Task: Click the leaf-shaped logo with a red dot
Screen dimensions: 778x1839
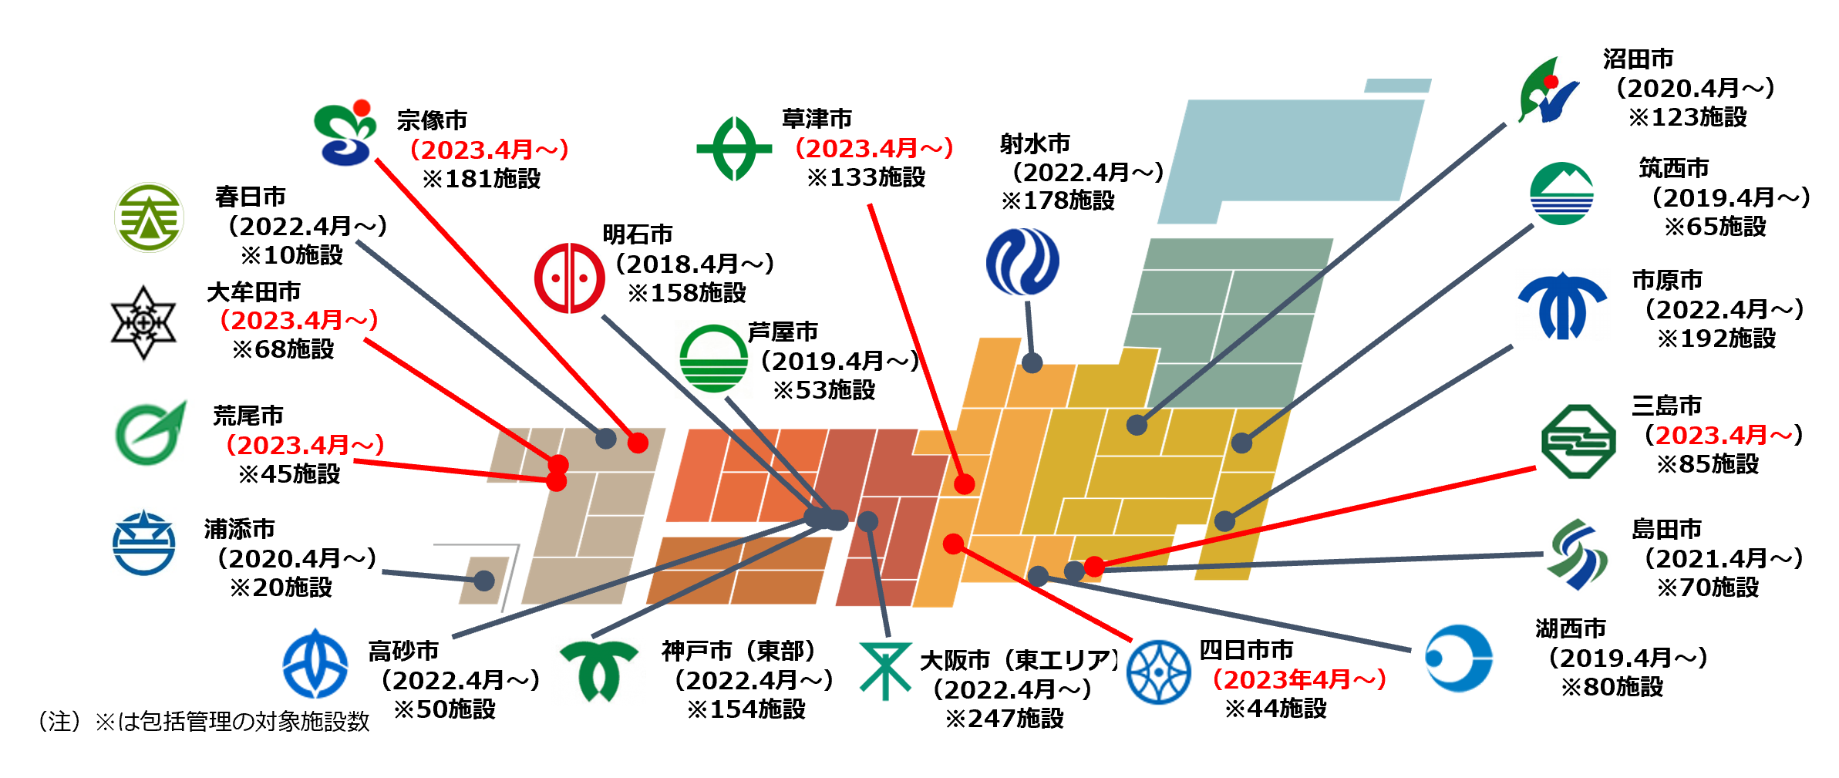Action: [x=1546, y=89]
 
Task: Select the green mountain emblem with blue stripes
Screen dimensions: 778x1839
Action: [x=1563, y=194]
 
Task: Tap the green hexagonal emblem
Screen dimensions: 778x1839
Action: [x=1578, y=443]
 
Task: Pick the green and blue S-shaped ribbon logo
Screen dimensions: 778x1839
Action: [x=1578, y=554]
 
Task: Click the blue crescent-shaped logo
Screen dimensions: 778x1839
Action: [x=1458, y=658]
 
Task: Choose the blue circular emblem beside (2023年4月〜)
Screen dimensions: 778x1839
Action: [x=1157, y=672]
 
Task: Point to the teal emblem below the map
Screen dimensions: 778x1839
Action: [x=885, y=670]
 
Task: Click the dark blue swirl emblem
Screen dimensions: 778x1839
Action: [x=1022, y=261]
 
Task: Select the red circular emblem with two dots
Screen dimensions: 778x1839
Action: [x=569, y=278]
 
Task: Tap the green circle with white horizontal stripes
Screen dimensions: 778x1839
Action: [x=713, y=359]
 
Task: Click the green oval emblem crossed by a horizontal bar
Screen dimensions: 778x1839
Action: [x=734, y=149]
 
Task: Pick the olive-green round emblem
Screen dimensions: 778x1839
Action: [x=149, y=217]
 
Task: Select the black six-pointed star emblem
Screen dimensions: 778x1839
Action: [x=144, y=322]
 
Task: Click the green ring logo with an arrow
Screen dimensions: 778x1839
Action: [x=150, y=433]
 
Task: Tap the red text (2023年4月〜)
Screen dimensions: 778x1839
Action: [x=1300, y=679]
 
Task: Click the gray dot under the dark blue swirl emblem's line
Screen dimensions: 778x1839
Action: [x=1032, y=362]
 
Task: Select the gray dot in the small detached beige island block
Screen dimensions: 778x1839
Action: [x=484, y=581]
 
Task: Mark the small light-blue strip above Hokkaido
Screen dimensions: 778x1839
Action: [x=1397, y=86]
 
